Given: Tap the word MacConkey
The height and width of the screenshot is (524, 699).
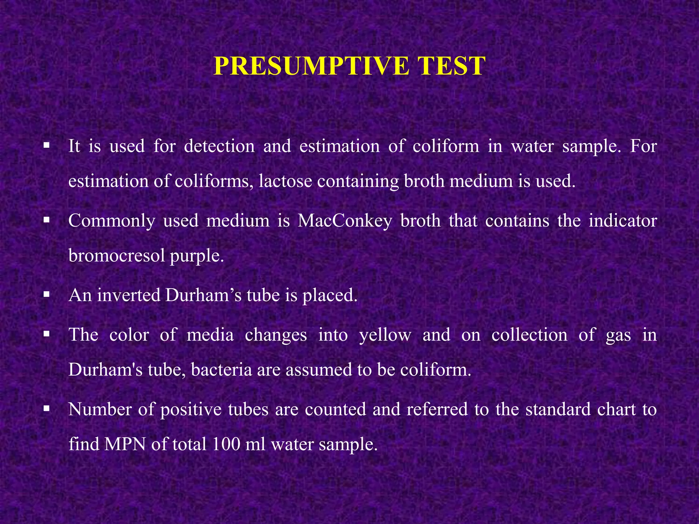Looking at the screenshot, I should [x=345, y=221].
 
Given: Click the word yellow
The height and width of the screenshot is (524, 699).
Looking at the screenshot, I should [x=385, y=335].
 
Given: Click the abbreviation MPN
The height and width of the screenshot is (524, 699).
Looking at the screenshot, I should [x=125, y=444].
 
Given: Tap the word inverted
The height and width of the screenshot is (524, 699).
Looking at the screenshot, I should [x=129, y=295].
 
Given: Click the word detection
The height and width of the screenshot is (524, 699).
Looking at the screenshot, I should [x=219, y=146].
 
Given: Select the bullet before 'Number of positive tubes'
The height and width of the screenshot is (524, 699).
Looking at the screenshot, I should [x=47, y=408].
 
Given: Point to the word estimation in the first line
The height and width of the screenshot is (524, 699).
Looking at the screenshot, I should [x=340, y=146].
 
